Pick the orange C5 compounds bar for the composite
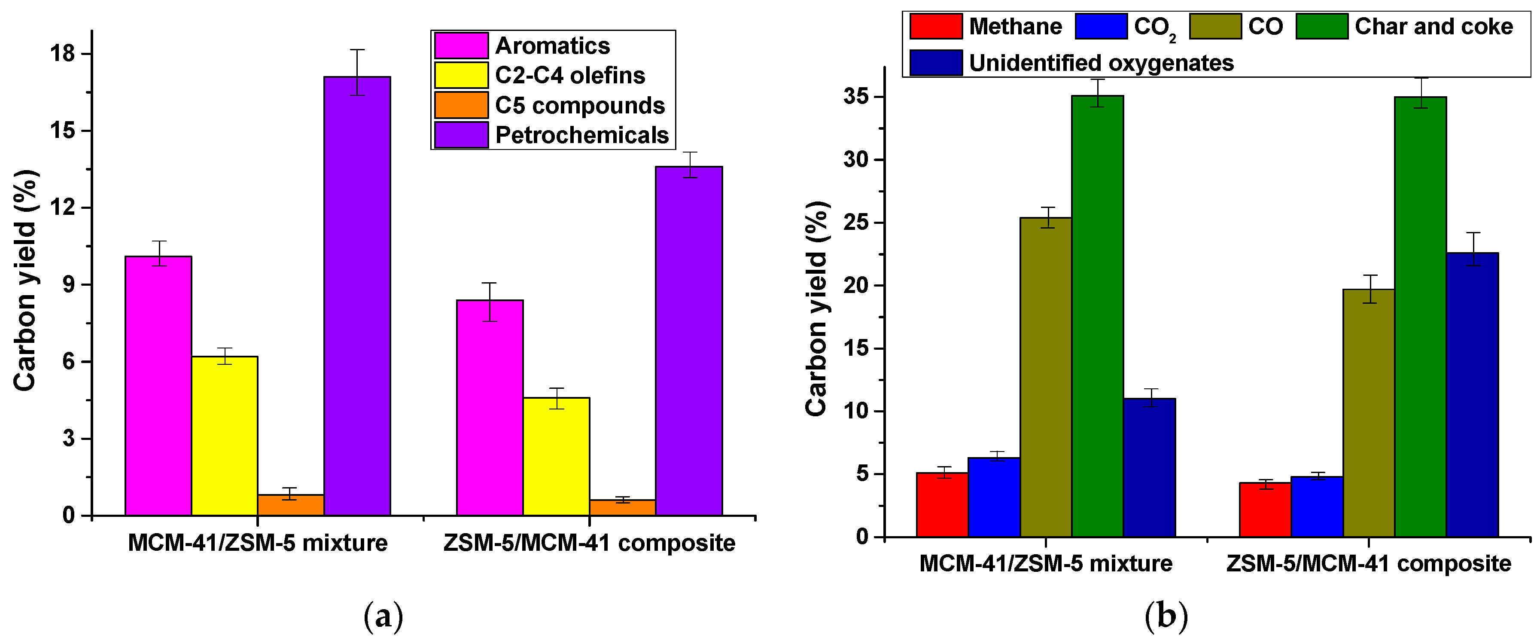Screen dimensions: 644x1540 point(622,508)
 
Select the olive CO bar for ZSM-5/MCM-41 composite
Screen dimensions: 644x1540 point(1368,412)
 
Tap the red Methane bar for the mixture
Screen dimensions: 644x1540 point(942,505)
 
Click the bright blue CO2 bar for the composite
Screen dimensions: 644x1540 point(1317,507)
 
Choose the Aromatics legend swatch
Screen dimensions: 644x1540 point(461,46)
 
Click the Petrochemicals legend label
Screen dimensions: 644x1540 point(581,135)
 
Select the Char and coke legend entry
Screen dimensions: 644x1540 point(1433,26)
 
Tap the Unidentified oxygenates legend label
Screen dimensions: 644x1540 point(1101,63)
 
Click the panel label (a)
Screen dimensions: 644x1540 point(383,617)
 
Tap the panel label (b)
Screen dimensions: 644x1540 point(1166,616)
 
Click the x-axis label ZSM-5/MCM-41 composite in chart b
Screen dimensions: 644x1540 point(1368,563)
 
